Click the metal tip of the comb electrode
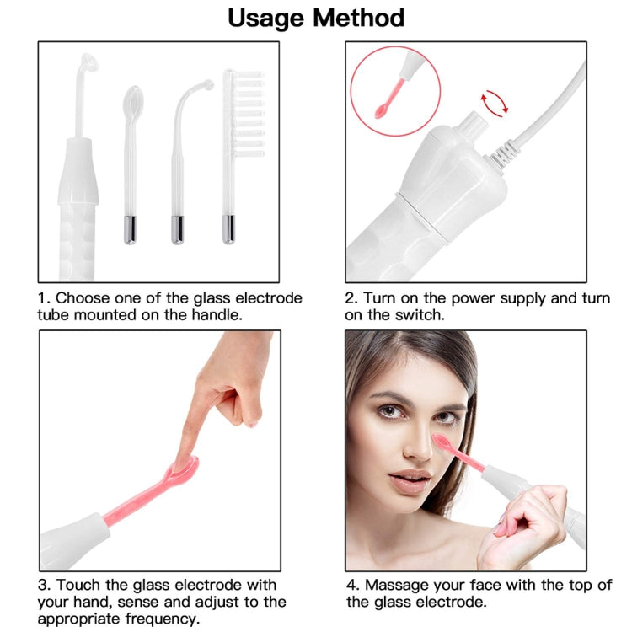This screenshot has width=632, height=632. pos(229,229)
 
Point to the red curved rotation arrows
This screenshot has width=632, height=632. pos(495,104)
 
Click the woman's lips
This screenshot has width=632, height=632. pos(410,479)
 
